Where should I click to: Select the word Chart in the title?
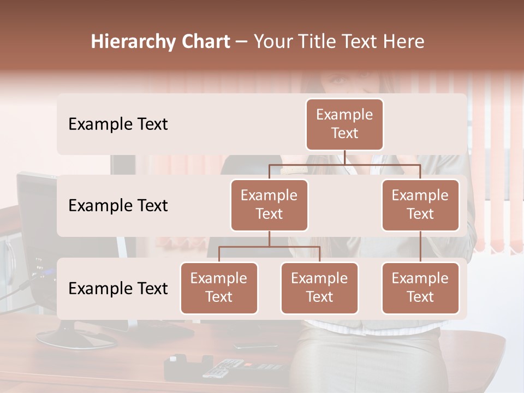pos(203,42)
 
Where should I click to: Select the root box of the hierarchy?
pos(344,124)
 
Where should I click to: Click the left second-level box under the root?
pos(269,205)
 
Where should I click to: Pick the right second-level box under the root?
pos(420,205)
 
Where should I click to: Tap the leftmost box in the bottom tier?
pos(219,288)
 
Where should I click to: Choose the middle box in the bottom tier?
pos(319,288)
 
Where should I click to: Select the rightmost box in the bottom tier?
pos(420,288)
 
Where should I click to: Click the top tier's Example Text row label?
pos(118,124)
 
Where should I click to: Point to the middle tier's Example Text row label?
pos(118,206)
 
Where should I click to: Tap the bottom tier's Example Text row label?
pos(118,289)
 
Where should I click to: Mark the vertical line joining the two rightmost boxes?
pos(420,247)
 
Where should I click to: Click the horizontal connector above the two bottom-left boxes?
pos(269,247)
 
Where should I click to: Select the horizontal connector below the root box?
pos(344,164)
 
